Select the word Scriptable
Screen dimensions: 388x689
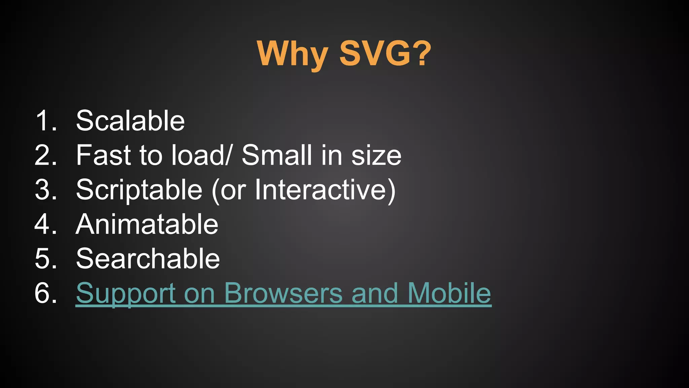point(139,190)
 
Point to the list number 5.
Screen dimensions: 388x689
point(46,258)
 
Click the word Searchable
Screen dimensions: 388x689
point(148,258)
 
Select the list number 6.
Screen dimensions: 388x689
point(46,293)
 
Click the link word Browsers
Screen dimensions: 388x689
point(283,293)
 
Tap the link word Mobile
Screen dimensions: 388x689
point(449,293)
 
